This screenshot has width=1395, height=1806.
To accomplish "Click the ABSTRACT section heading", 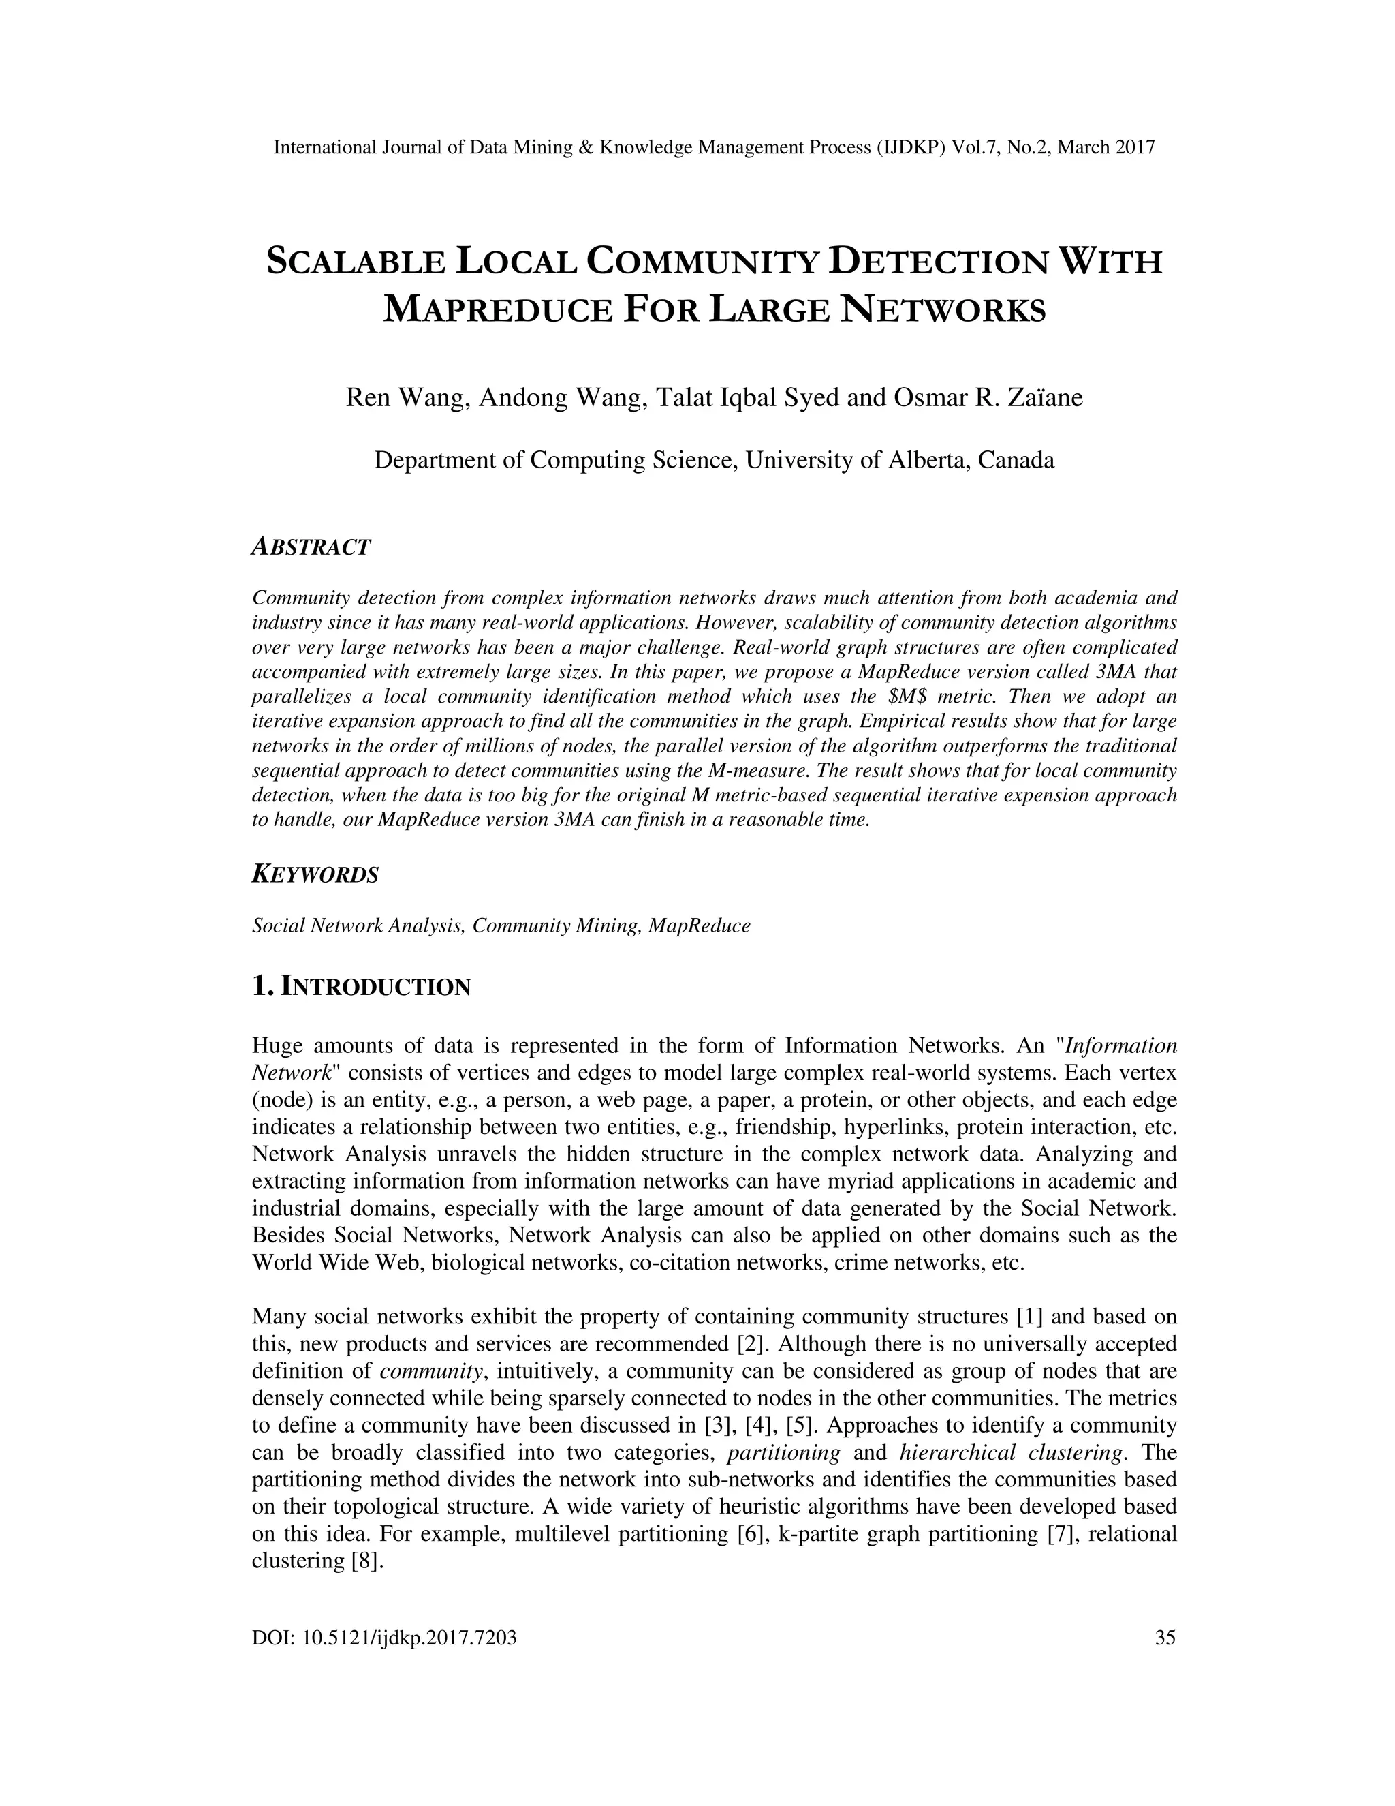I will pos(311,547).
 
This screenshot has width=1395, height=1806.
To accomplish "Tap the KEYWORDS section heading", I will pos(315,874).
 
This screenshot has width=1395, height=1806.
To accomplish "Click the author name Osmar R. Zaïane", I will pos(988,398).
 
